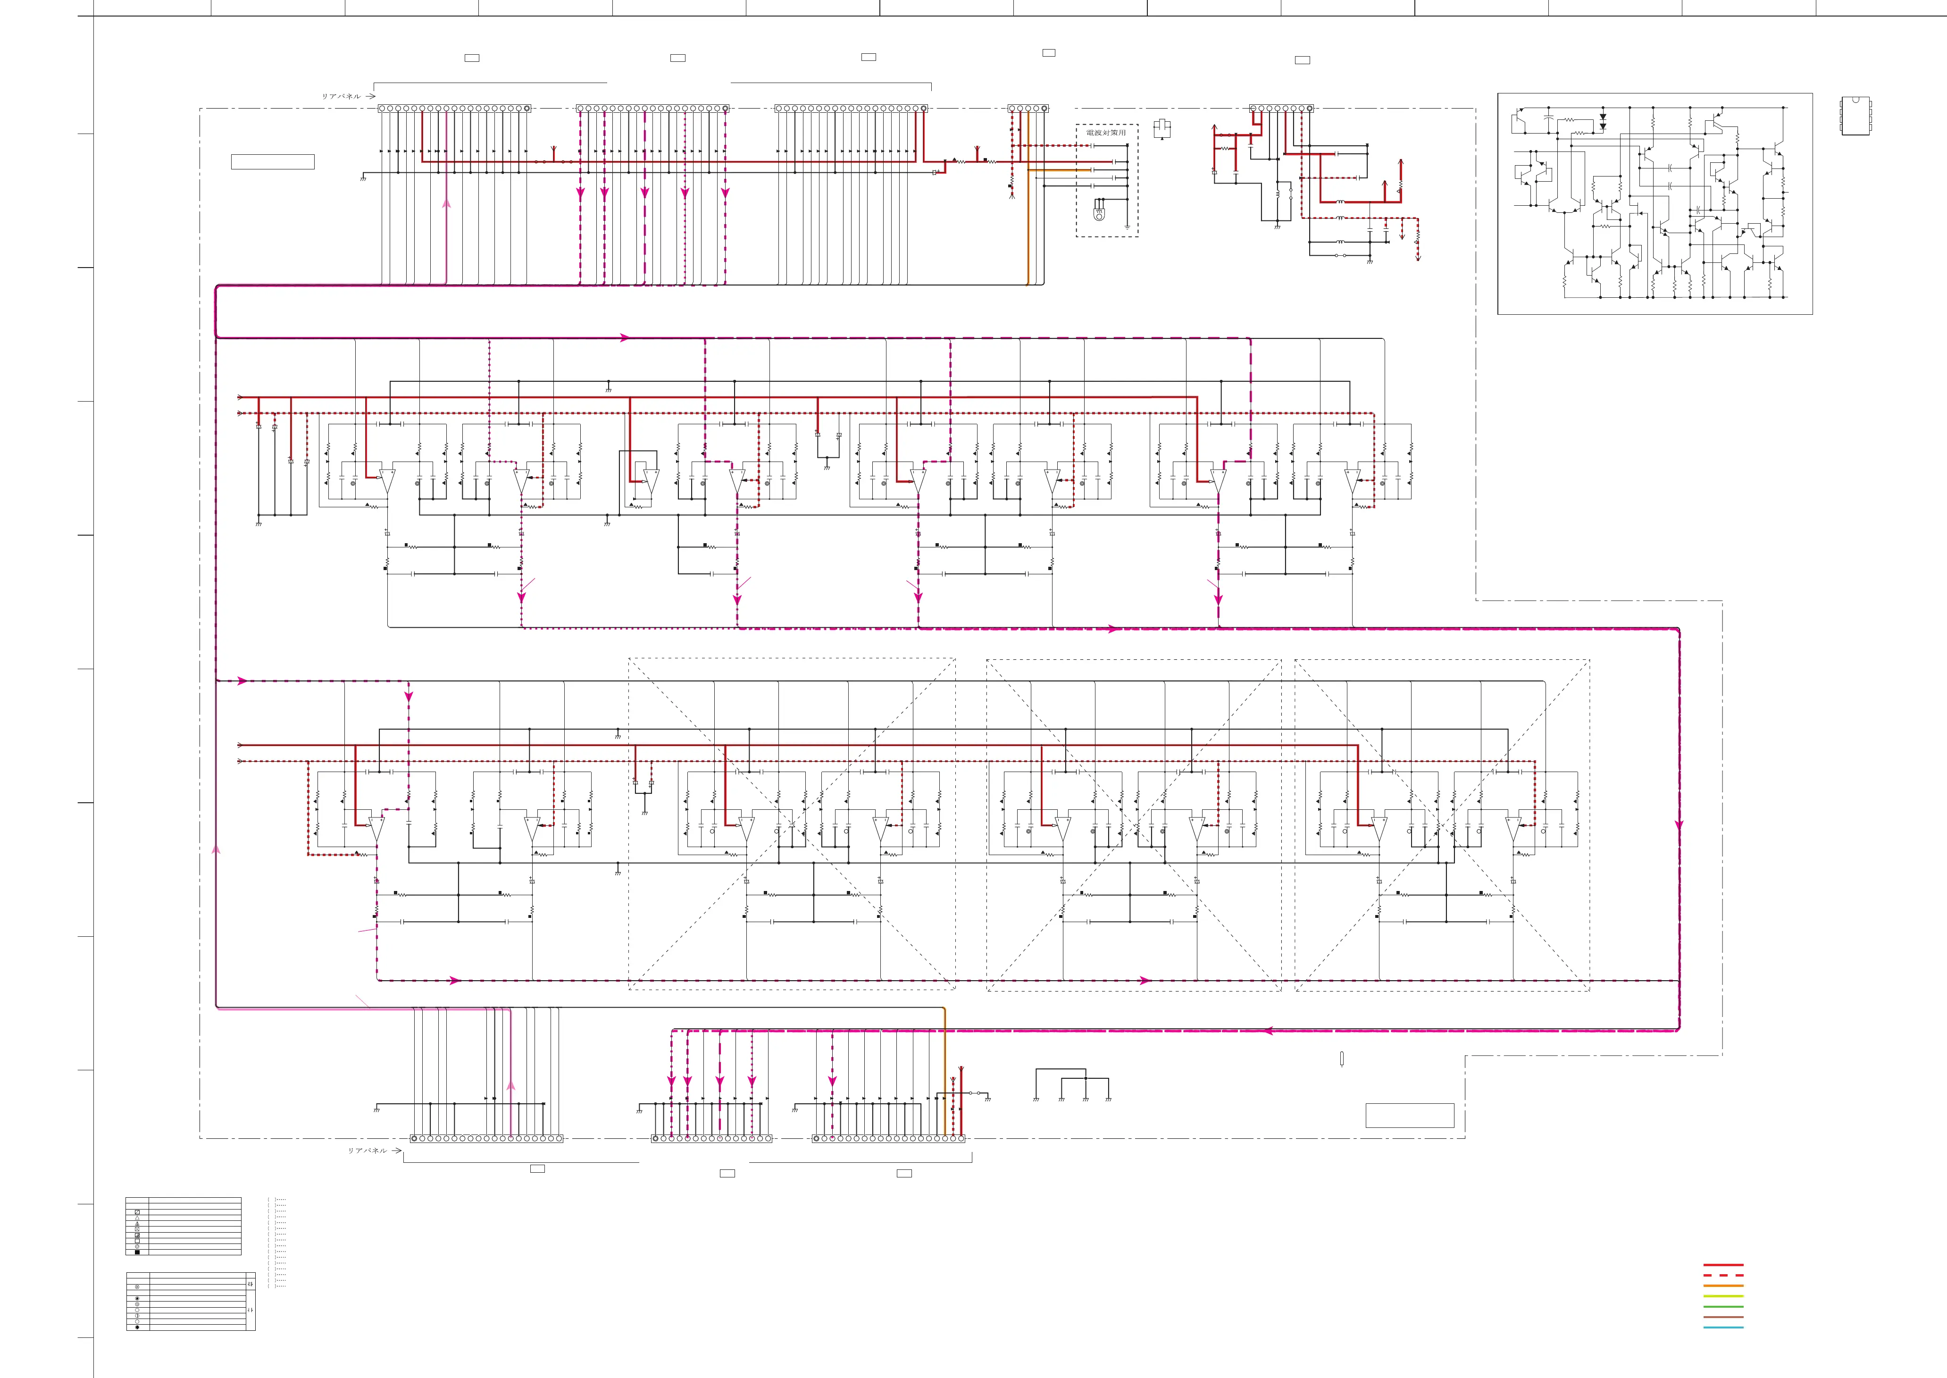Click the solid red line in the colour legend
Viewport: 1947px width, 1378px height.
coord(1723,1265)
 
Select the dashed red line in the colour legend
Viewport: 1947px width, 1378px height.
coord(1723,1275)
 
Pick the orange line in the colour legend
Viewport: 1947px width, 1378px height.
coord(1723,1286)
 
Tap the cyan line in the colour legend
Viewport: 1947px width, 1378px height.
coord(1723,1327)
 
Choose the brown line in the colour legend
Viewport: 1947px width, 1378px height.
coord(1723,1317)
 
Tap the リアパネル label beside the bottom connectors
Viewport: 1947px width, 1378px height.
coord(368,1151)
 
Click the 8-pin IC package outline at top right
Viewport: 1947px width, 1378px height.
coord(1855,116)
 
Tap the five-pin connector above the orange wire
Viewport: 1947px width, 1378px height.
coord(1028,109)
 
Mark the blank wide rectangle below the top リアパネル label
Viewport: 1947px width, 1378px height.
coord(272,162)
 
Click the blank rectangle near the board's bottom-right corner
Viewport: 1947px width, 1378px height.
coord(1409,1115)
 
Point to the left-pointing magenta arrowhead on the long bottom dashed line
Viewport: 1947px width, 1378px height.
coord(1268,1031)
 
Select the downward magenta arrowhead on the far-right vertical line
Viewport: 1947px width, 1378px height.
coord(1679,824)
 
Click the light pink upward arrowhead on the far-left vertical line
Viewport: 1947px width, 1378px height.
coord(217,849)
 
